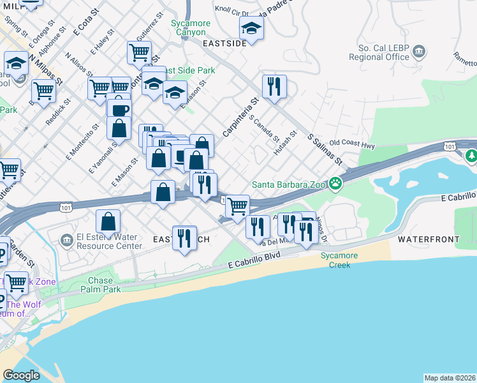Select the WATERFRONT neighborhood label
point(429,239)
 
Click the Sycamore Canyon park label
point(189,27)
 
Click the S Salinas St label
point(325,149)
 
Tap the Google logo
point(22,375)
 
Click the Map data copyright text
point(450,378)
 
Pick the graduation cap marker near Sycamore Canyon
point(252,28)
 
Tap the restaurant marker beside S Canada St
point(274,86)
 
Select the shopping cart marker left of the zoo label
point(237,206)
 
